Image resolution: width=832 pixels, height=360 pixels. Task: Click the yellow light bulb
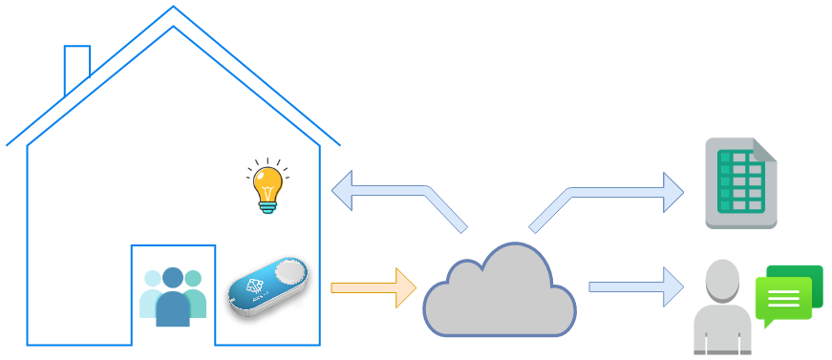pos(268,182)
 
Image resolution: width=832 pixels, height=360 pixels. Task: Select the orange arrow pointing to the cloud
pos(373,287)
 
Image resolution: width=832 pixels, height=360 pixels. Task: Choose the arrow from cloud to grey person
pos(635,286)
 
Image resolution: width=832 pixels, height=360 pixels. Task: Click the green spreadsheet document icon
pos(740,183)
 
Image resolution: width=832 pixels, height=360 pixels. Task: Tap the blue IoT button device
pos(268,286)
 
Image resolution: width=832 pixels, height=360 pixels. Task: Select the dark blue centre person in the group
pos(173,301)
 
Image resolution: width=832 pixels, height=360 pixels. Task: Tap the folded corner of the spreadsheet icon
pos(765,149)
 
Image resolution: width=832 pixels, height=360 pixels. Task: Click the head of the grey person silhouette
pos(722,277)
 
